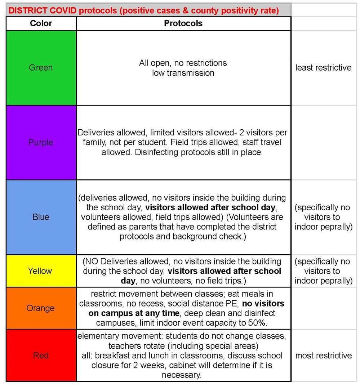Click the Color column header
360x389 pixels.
click(41, 24)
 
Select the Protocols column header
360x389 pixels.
click(183, 24)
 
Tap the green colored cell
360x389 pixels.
click(41, 68)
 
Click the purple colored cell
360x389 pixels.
click(41, 143)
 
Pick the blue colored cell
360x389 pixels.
click(41, 217)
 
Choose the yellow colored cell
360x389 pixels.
click(41, 271)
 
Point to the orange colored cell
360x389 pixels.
click(41, 308)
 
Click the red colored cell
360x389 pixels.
click(41, 356)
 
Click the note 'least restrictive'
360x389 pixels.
click(323, 68)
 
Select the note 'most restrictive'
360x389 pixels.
click(323, 356)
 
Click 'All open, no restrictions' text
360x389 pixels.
click(183, 63)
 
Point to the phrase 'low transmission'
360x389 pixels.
click(183, 73)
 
